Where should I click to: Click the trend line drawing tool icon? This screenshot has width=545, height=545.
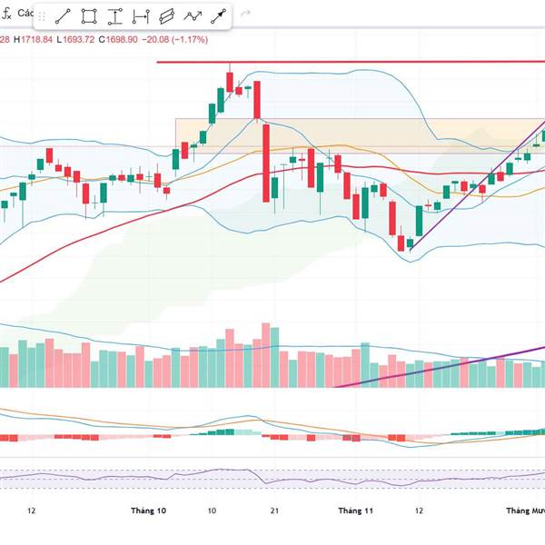pos(63,16)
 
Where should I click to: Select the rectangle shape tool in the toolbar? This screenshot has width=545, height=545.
pos(89,16)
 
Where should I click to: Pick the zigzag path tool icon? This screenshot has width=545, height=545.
pos(193,16)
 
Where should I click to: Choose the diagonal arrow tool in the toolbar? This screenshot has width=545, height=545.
pos(219,16)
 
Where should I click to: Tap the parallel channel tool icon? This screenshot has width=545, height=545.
pos(166,16)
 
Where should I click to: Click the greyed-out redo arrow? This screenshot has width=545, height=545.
pos(245,15)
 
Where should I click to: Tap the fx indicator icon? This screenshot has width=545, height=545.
pos(5,15)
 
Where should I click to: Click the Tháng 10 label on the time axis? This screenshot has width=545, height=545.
pos(149,511)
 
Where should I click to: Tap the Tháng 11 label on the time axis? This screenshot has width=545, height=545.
pos(356,511)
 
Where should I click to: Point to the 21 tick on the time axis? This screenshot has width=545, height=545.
pos(273,511)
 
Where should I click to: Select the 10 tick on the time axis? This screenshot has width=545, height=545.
pos(211,511)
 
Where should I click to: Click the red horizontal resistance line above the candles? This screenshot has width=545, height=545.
pos(363,62)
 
